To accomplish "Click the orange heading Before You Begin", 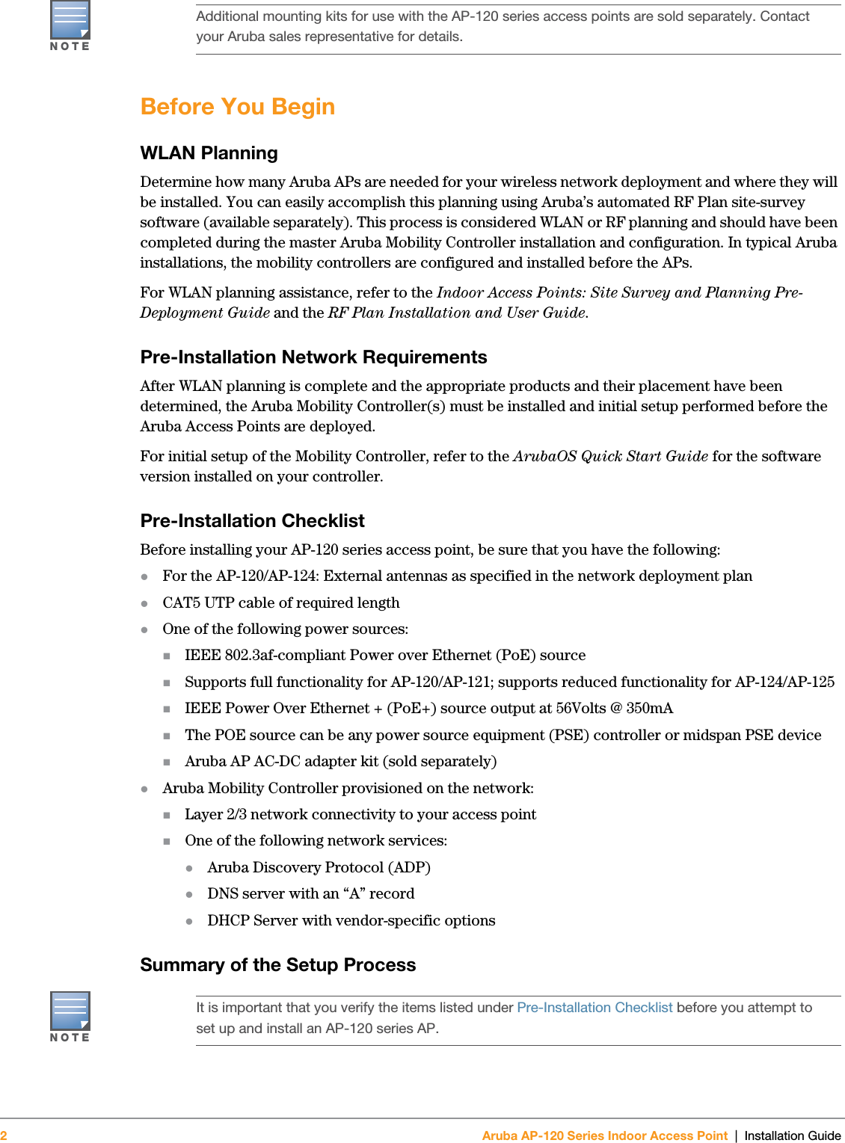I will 237,107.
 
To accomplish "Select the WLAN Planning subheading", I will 209,153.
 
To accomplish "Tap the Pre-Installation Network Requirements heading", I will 313,357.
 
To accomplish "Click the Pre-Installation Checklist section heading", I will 252,521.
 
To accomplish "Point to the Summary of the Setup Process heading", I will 277,965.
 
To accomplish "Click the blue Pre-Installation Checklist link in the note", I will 594,1008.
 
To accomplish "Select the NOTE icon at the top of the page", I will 70,22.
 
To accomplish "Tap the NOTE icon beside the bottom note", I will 70,1013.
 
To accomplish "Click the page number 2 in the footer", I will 4,1136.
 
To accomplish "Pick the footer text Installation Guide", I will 792,1136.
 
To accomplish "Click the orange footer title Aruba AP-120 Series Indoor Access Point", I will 604,1136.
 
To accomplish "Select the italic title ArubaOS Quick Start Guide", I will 610,457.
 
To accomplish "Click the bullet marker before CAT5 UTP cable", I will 145,603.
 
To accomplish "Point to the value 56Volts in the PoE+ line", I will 580,709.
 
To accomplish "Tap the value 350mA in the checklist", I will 649,709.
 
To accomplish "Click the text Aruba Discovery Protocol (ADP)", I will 319,868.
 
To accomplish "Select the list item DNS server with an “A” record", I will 310,894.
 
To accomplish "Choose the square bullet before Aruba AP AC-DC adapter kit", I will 168,762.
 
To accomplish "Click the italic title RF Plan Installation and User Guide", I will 456,313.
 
